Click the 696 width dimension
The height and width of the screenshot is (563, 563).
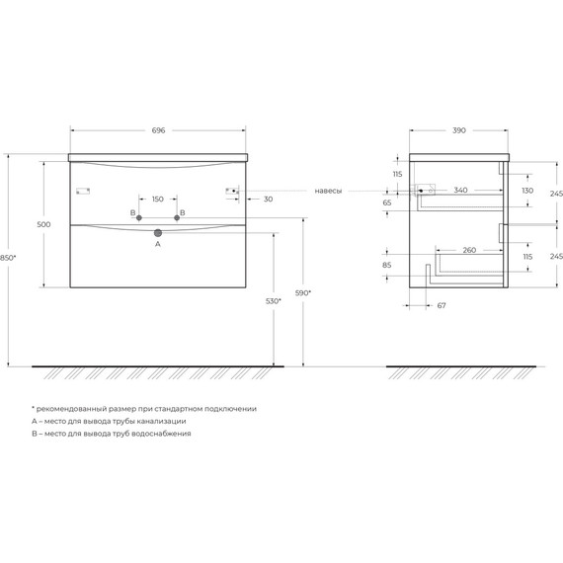click(158, 129)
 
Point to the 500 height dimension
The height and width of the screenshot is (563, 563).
click(42, 225)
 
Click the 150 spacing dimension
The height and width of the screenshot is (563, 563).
click(158, 197)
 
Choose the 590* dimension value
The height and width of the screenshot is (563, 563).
click(303, 293)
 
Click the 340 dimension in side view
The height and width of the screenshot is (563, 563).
click(460, 190)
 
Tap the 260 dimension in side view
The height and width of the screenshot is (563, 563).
click(469, 250)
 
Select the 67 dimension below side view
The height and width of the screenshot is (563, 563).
click(441, 305)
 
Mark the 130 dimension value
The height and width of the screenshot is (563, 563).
click(527, 190)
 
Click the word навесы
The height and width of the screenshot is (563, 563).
click(329, 191)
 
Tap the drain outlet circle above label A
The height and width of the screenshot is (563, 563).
click(158, 233)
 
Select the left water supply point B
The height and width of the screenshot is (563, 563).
click(139, 215)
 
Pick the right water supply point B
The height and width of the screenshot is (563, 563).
click(178, 215)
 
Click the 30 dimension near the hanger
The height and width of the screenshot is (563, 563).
click(269, 198)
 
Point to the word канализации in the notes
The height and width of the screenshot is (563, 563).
click(160, 421)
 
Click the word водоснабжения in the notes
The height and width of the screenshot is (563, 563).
click(161, 434)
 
